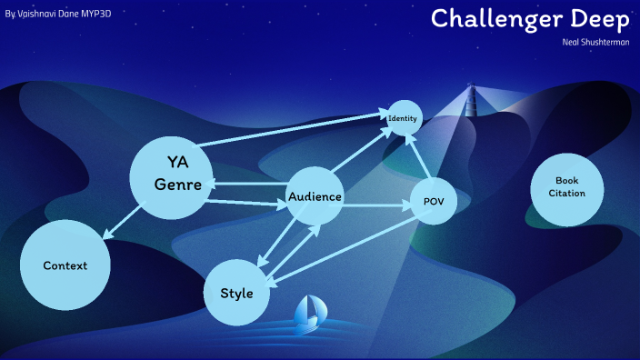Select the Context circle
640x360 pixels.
65,265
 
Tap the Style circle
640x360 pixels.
237,293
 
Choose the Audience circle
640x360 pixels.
315,196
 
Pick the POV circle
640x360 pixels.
433,201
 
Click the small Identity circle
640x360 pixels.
402,119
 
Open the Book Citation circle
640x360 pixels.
566,187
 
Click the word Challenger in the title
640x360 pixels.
493,18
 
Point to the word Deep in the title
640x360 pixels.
595,18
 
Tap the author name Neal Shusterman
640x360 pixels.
597,42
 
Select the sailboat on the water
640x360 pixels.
308,312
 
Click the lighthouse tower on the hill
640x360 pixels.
471,100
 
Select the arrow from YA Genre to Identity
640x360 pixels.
291,129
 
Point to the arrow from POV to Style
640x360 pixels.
345,251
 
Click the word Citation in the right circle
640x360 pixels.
566,194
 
